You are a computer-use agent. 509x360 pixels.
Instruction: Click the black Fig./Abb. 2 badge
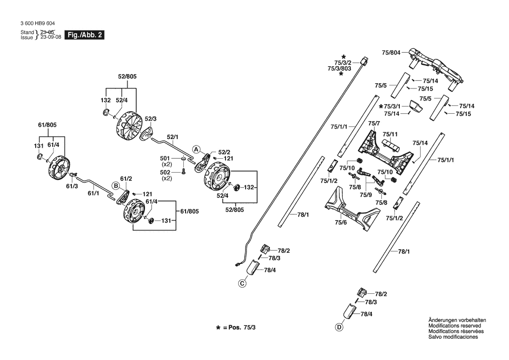click(x=85, y=35)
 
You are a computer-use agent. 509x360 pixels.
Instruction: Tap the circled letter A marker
click(x=196, y=149)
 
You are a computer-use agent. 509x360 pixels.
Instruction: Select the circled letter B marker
click(x=115, y=186)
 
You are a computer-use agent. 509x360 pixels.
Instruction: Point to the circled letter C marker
click(x=242, y=283)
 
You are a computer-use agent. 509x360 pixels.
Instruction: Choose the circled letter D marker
click(x=339, y=327)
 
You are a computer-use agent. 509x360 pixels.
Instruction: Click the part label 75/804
click(x=391, y=53)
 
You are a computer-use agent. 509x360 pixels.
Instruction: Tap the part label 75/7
click(x=374, y=123)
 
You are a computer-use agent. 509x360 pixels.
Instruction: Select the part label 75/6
click(x=341, y=223)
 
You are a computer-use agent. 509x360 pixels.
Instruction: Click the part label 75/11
click(x=390, y=134)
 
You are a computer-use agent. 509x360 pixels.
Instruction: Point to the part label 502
click(x=165, y=173)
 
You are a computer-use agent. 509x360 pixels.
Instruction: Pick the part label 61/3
click(x=72, y=187)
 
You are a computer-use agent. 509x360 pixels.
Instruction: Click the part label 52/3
click(x=151, y=119)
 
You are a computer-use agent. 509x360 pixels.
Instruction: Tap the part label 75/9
click(x=365, y=195)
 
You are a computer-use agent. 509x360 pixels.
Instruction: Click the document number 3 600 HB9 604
click(x=37, y=24)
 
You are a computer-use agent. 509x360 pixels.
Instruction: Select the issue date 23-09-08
click(x=51, y=37)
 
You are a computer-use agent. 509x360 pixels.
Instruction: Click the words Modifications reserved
click(x=455, y=326)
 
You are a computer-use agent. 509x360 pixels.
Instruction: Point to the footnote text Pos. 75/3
click(x=242, y=327)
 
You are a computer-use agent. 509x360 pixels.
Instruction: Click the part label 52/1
click(x=172, y=137)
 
